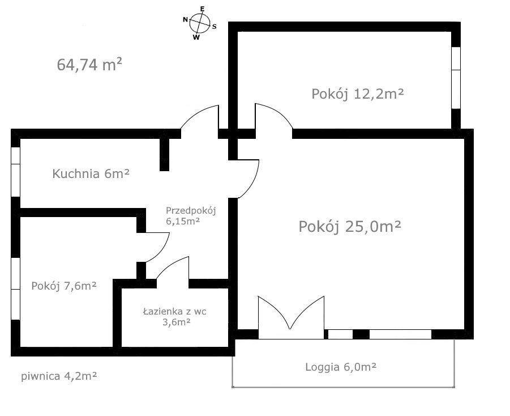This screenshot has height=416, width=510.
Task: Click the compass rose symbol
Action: pos(199,23)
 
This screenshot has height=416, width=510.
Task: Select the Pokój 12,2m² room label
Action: pos(357,94)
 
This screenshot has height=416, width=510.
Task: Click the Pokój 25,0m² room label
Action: pos(350,227)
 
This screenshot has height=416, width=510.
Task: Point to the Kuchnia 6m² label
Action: pos(91,174)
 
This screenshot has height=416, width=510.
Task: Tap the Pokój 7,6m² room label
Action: pos(64,286)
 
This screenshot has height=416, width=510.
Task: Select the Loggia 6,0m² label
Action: pos(341,367)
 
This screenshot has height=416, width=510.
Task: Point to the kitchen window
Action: pos(16,172)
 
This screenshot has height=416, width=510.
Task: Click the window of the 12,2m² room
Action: pos(456,77)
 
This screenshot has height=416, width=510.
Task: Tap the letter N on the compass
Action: pos(185,19)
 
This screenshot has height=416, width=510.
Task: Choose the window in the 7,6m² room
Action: pos(16,290)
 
